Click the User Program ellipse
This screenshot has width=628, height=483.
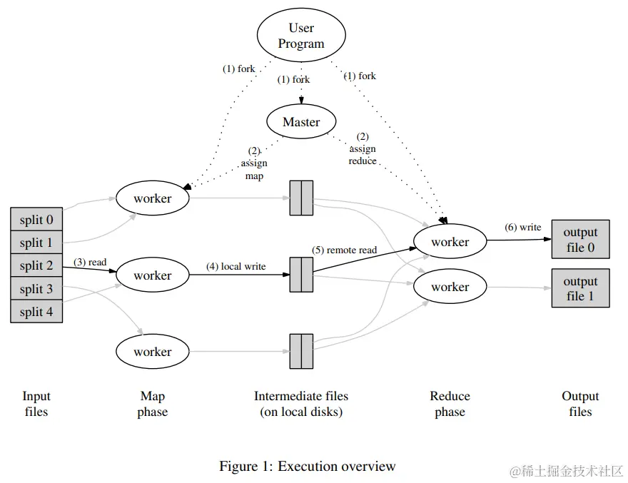pos(301,36)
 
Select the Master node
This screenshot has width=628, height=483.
pos(301,122)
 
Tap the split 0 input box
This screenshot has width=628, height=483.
pos(36,220)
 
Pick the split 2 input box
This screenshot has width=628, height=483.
pos(36,266)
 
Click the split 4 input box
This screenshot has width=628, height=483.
pos(36,312)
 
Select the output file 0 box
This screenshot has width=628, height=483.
pos(580,240)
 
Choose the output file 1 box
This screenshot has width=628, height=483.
pos(580,288)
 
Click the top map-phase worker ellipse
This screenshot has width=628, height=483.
pos(152,198)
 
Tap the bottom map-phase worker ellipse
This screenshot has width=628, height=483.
pos(152,352)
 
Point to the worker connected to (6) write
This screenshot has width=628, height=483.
pos(450,242)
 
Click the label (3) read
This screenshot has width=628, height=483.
pos(90,263)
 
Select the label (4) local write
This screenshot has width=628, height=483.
pos(235,267)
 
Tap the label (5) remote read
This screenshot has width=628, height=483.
pos(344,250)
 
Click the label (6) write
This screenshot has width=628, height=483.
pos(522,228)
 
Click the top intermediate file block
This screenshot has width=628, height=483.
pos(301,198)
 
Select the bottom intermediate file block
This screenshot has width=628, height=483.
pos(301,351)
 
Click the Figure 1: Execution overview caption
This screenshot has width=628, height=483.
pos(307,467)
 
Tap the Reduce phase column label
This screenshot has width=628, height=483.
pos(450,404)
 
